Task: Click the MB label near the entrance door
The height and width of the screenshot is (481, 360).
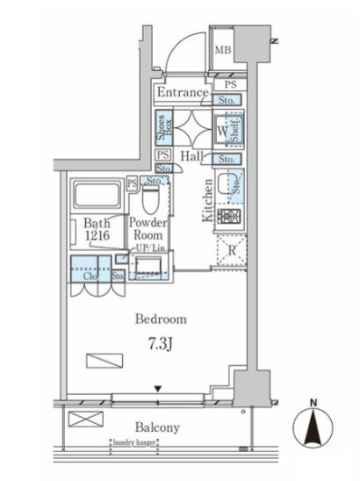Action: (225, 50)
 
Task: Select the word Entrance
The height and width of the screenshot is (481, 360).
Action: (183, 92)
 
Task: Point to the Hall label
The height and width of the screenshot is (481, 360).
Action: (192, 156)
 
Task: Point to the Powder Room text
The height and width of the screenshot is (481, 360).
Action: (148, 231)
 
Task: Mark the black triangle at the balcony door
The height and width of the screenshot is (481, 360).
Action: (158, 389)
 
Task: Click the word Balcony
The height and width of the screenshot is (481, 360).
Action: (157, 427)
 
